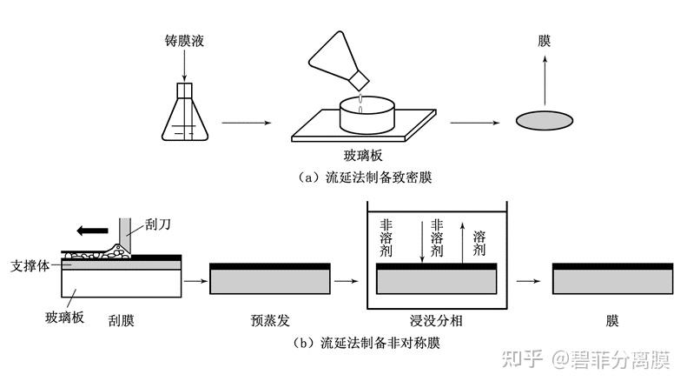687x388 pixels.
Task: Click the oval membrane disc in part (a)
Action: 544,121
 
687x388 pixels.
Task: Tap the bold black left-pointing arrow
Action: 92,231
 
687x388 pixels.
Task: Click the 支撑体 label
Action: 29,264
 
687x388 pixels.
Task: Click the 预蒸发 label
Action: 268,320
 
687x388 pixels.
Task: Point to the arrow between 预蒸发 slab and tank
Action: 346,281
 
